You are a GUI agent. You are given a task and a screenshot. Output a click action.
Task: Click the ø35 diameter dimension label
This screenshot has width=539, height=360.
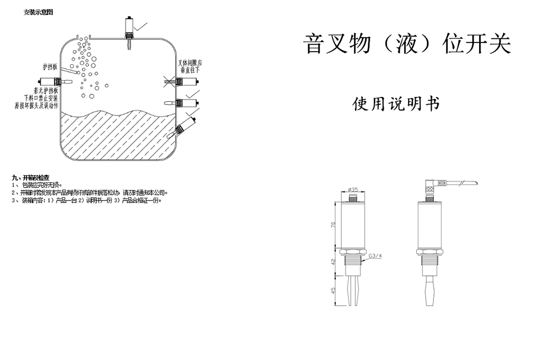pyautogui.click(x=354, y=189)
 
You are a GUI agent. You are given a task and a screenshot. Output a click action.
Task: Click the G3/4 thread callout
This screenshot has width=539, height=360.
pyautogui.click(x=375, y=256)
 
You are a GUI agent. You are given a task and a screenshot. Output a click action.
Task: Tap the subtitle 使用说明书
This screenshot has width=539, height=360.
pyautogui.click(x=396, y=103)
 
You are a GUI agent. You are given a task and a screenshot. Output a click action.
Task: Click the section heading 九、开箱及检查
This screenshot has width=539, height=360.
pyautogui.click(x=31, y=177)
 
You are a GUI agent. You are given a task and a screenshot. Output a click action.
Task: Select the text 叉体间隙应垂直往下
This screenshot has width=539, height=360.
pyautogui.click(x=190, y=66)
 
